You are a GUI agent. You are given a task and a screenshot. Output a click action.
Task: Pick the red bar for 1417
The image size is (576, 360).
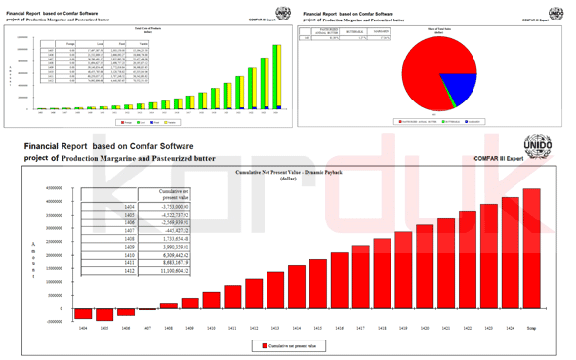point(382,273)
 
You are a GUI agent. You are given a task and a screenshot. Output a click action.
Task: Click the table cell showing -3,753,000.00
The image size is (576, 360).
point(169,207)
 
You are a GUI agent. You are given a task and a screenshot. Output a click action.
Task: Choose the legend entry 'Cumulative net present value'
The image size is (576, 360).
point(288,345)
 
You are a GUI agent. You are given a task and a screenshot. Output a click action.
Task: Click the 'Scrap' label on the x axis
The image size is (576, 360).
point(531,329)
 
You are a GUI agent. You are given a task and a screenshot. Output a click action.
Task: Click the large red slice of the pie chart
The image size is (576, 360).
point(415,78)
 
